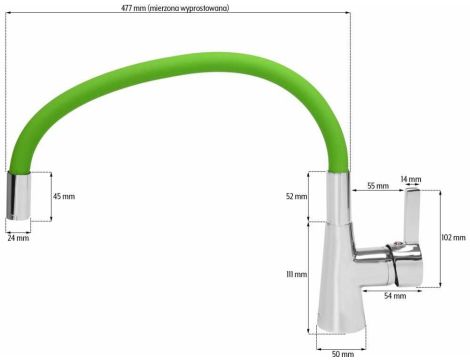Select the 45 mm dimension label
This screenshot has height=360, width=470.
click(x=63, y=196)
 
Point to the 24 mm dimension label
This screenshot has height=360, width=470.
click(x=18, y=238)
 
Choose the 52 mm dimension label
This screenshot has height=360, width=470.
click(x=295, y=196)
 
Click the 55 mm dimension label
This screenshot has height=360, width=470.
click(x=377, y=186)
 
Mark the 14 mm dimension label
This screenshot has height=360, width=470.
click(x=411, y=179)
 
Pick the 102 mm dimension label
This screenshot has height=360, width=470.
click(x=453, y=237)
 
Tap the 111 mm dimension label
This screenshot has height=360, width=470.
click(x=295, y=274)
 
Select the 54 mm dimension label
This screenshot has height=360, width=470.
click(x=395, y=296)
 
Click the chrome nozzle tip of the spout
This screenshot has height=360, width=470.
click(x=21, y=198)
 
